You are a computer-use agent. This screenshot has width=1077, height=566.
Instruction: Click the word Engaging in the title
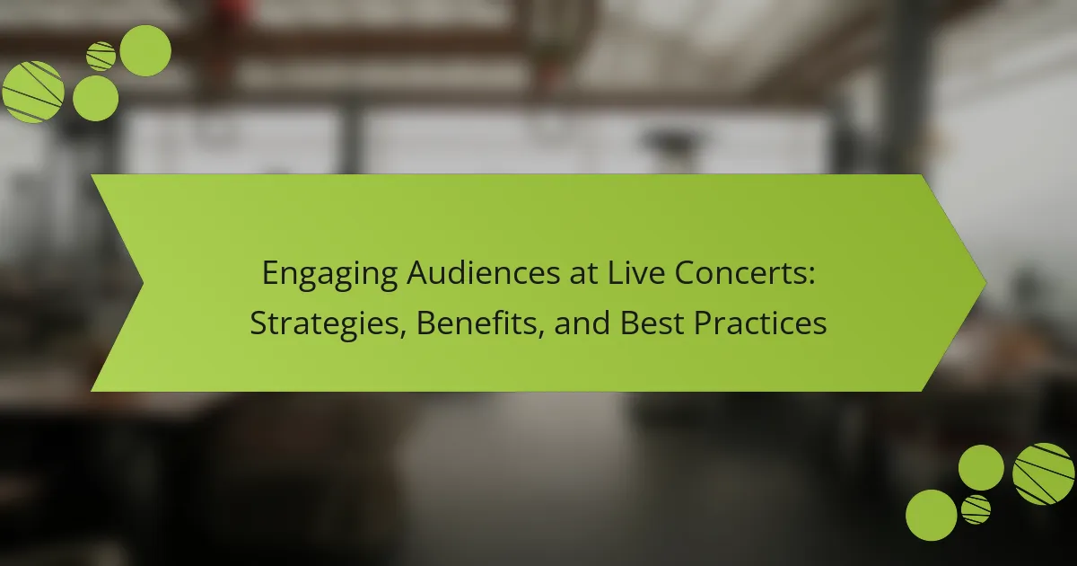click(x=329, y=274)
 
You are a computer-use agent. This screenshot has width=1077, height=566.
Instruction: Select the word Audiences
click(x=483, y=273)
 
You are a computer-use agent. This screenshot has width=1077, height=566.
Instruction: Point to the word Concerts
click(x=740, y=273)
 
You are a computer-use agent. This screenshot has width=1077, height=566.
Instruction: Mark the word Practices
click(x=760, y=323)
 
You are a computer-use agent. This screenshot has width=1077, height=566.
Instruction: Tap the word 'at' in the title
click(x=583, y=274)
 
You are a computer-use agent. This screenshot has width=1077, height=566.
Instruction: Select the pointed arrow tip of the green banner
click(x=986, y=283)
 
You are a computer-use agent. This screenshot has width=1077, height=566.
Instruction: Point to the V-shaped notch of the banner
click(x=143, y=283)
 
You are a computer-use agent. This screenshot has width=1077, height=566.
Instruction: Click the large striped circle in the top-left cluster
click(x=33, y=92)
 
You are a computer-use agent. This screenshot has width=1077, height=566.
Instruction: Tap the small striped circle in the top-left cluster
click(x=101, y=57)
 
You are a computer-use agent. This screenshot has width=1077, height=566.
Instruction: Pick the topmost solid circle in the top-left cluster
click(x=145, y=50)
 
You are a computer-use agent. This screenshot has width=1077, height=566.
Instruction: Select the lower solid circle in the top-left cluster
click(x=96, y=98)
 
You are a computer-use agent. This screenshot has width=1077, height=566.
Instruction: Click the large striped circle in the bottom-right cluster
click(x=1043, y=474)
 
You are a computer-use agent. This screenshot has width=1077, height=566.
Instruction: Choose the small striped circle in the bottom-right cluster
click(x=976, y=509)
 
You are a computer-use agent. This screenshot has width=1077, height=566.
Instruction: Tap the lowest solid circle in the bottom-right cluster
click(x=932, y=516)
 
